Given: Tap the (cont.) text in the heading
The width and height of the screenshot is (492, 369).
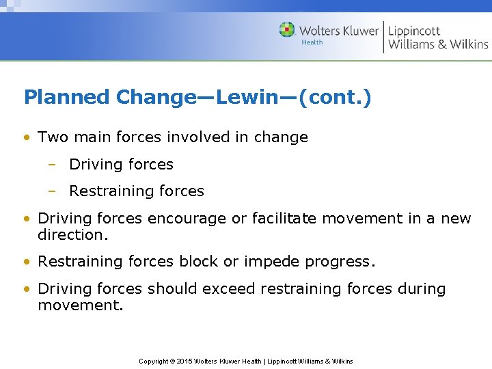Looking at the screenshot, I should tap(340, 97).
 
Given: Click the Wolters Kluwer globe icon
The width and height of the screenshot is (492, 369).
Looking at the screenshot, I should tap(287, 30).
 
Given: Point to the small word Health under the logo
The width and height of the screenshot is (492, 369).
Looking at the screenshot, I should tap(312, 42).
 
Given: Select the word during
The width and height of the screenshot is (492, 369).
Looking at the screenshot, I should tap(420, 288).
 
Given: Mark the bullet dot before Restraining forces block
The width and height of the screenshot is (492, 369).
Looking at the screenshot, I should tap(27, 262).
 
